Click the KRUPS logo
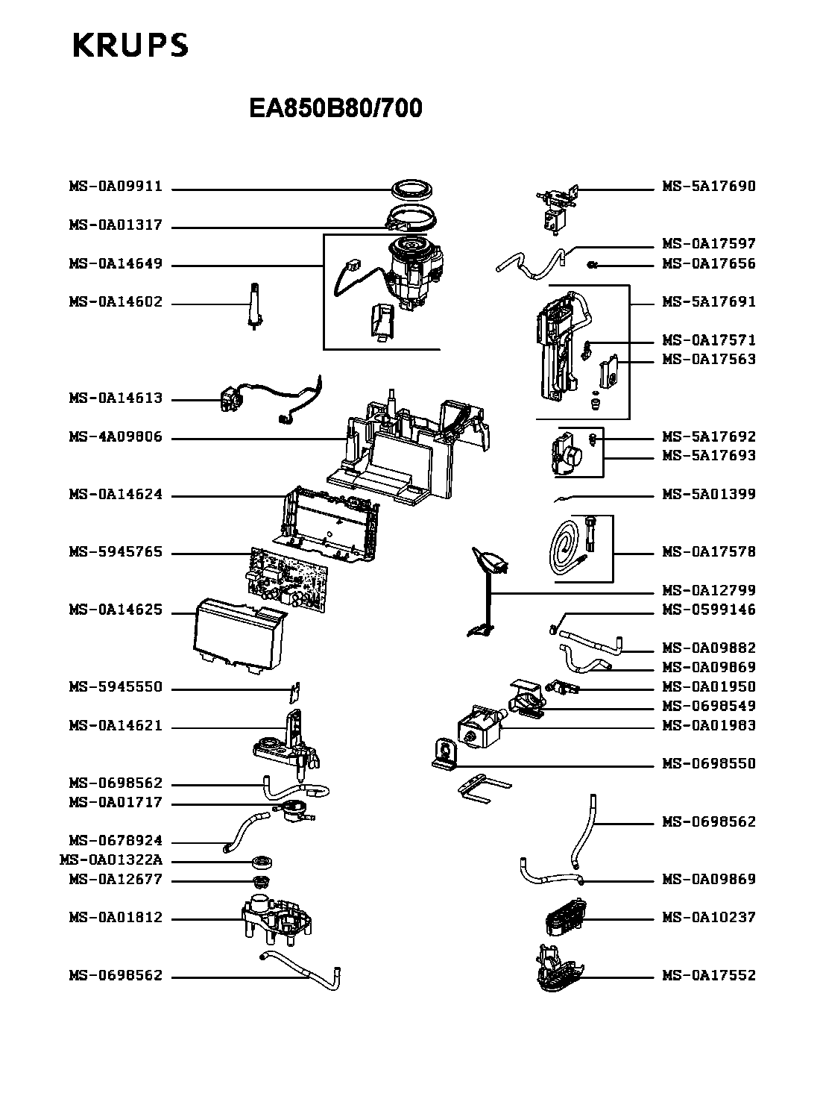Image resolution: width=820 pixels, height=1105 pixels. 130,46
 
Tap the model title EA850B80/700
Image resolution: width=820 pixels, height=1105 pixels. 335,109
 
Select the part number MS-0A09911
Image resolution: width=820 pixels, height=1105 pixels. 116,187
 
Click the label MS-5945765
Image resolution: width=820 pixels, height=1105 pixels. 116,553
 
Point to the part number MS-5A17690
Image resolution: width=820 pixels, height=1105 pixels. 709,187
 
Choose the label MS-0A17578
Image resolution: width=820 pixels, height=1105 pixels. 709,552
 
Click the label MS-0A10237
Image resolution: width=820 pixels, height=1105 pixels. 709,918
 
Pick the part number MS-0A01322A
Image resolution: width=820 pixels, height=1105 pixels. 110,860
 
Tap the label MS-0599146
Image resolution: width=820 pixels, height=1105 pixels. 709,610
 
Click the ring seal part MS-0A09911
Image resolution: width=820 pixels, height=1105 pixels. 412,189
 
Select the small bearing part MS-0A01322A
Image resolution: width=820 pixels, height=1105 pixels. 263,863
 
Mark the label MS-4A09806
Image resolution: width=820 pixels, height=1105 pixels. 116,437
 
